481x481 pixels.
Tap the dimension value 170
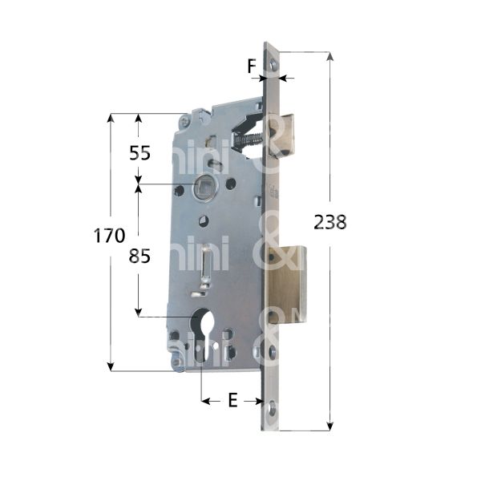pyautogui.click(x=109, y=236)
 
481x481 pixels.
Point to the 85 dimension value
pyautogui.click(x=139, y=257)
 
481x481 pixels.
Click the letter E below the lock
pyautogui.click(x=232, y=401)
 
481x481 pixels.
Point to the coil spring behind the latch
pyautogui.click(x=249, y=140)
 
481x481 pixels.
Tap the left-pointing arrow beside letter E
pyautogui.click(x=204, y=401)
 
